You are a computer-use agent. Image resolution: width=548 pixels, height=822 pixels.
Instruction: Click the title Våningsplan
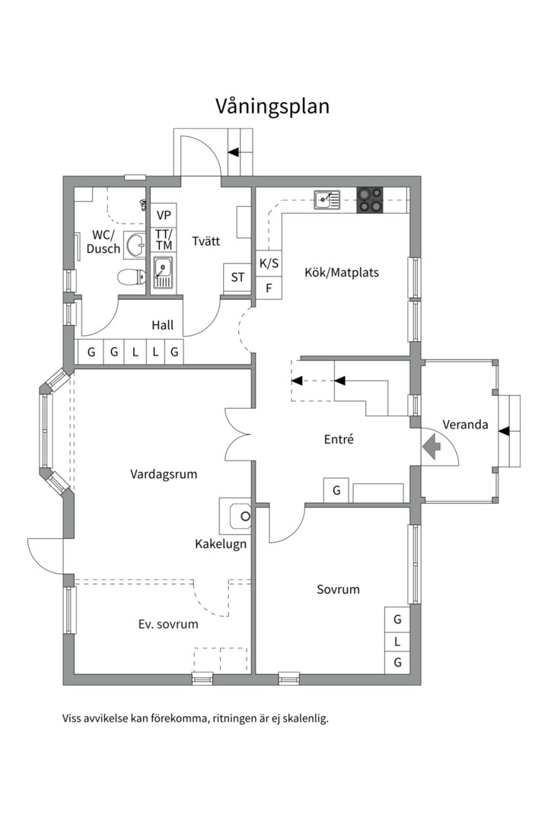pyautogui.click(x=272, y=107)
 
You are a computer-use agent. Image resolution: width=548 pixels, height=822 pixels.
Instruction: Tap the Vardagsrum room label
pyautogui.click(x=164, y=474)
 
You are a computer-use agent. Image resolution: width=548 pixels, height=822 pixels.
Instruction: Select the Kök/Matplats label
pyautogui.click(x=342, y=272)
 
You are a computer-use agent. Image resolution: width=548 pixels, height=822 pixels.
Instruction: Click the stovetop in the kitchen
pyautogui.click(x=370, y=199)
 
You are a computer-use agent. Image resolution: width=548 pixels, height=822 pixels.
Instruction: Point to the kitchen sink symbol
pyautogui.click(x=327, y=199)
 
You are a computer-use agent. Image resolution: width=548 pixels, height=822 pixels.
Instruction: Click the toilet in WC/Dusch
pyautogui.click(x=132, y=276)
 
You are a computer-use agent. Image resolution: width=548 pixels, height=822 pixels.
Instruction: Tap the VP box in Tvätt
pyautogui.click(x=164, y=215)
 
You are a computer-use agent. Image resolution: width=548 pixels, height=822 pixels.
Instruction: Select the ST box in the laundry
pyautogui.click(x=237, y=277)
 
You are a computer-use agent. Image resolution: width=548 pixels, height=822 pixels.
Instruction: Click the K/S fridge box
pyautogui.click(x=269, y=263)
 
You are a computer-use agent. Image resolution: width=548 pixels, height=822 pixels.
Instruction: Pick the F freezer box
pyautogui.click(x=269, y=288)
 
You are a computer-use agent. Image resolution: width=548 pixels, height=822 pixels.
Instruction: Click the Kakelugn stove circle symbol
pyautogui.click(x=245, y=516)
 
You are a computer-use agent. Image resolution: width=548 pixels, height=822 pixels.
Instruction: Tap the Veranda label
pyautogui.click(x=465, y=425)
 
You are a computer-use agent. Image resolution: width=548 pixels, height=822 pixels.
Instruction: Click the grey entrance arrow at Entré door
pyautogui.click(x=432, y=448)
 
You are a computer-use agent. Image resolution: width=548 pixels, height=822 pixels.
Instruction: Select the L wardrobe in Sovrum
pyautogui.click(x=397, y=641)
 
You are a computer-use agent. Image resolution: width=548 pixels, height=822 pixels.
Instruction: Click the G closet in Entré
pyautogui.click(x=336, y=491)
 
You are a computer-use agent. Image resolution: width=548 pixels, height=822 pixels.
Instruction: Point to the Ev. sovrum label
pyautogui.click(x=168, y=624)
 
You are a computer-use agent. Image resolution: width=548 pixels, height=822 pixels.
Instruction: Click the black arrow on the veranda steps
pyautogui.click(x=503, y=431)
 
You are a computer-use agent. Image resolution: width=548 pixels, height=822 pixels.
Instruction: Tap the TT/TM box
pyautogui.click(x=164, y=240)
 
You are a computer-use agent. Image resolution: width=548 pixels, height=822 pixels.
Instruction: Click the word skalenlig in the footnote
pyautogui.click(x=305, y=718)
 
